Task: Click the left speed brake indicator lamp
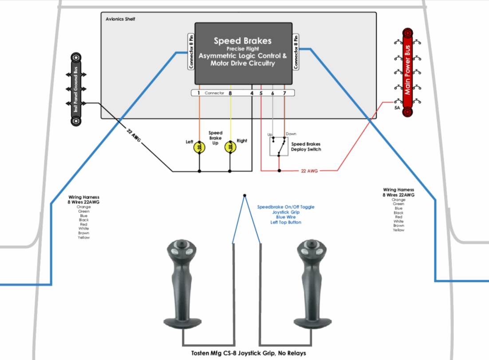[x=199, y=147]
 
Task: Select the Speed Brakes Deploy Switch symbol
[x=279, y=146]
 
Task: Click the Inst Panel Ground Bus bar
[x=76, y=88]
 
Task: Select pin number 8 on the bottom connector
[x=230, y=94]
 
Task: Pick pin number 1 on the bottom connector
[x=199, y=94]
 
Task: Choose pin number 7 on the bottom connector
[x=284, y=94]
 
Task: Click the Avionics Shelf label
[x=121, y=19]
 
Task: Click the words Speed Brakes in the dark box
[x=242, y=41]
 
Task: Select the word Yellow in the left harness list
[x=84, y=238]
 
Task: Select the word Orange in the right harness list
[x=398, y=200]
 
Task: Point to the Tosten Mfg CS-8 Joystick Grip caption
[x=248, y=353]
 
